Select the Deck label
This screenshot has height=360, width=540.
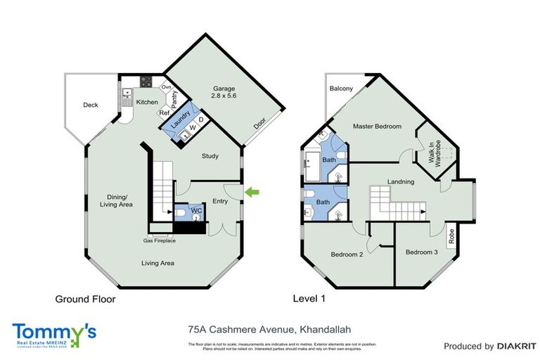click(x=90, y=105)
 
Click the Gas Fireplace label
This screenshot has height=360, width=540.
click(x=160, y=240)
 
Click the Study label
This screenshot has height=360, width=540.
click(x=210, y=156)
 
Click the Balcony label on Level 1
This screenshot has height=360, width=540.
click(x=341, y=89)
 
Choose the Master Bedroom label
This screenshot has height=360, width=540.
click(x=377, y=127)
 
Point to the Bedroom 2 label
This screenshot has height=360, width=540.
click(x=346, y=255)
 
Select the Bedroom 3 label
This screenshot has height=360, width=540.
click(x=421, y=252)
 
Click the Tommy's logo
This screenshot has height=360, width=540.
click(x=53, y=333)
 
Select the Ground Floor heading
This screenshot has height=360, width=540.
click(x=85, y=299)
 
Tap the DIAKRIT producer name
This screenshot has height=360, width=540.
click(x=517, y=346)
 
